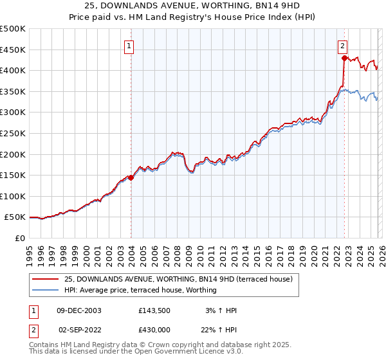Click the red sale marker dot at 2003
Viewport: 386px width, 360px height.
click(x=131, y=178)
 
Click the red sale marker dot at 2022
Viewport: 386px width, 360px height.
click(x=345, y=58)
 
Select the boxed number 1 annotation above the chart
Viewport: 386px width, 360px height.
click(x=129, y=46)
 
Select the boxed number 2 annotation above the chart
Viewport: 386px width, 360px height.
click(x=343, y=46)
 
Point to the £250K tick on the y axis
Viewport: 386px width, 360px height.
click(x=13, y=133)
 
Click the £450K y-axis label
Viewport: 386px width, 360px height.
click(x=13, y=50)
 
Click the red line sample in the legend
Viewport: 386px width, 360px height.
click(x=45, y=279)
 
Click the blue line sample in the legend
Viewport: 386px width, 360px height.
click(x=45, y=290)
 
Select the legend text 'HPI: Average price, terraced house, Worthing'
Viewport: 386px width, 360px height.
click(x=140, y=290)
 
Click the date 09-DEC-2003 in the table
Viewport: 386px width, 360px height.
click(x=79, y=310)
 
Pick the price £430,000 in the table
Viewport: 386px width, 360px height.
click(x=154, y=328)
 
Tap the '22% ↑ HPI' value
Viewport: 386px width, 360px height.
click(x=220, y=328)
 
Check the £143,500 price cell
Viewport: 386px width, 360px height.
click(x=154, y=310)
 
